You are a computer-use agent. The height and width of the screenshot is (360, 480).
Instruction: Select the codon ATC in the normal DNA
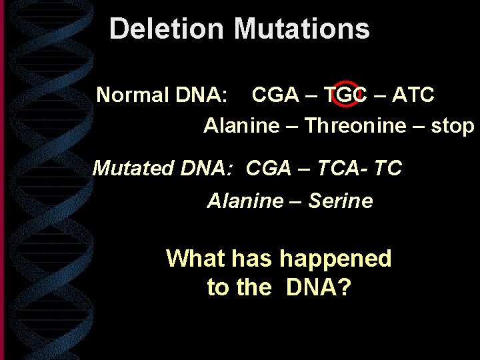[x=413, y=95]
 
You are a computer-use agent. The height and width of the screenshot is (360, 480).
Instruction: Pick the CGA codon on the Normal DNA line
[x=275, y=95]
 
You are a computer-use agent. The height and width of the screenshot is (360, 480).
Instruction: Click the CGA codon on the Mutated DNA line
[x=269, y=168]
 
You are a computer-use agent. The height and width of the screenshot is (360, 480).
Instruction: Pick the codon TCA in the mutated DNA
[x=336, y=168]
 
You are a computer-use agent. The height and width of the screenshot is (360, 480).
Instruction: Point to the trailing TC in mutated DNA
[x=388, y=168]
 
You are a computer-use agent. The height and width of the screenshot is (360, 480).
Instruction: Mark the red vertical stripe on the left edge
[x=3, y=180]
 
